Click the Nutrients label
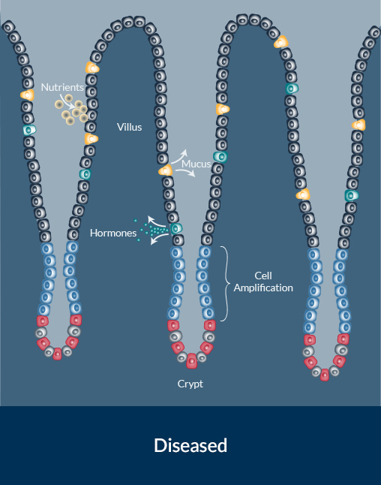point(62,87)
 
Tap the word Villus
point(130,127)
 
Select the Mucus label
point(196,164)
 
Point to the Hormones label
point(113,233)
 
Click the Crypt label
point(190,384)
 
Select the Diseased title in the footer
point(190,445)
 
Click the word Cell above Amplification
point(263,276)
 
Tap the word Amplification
point(263,288)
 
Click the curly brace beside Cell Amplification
point(226,284)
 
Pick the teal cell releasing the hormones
point(176,229)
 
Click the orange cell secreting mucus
point(166,170)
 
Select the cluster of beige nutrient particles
point(72,110)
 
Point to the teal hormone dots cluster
point(151,230)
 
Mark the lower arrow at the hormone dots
point(158,239)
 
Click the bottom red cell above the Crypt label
point(191,361)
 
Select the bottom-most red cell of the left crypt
point(58,354)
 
